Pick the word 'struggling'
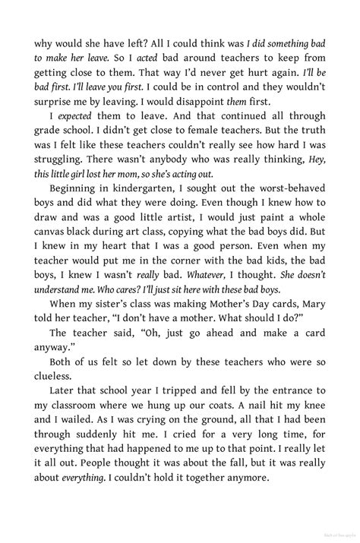(60, 174)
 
